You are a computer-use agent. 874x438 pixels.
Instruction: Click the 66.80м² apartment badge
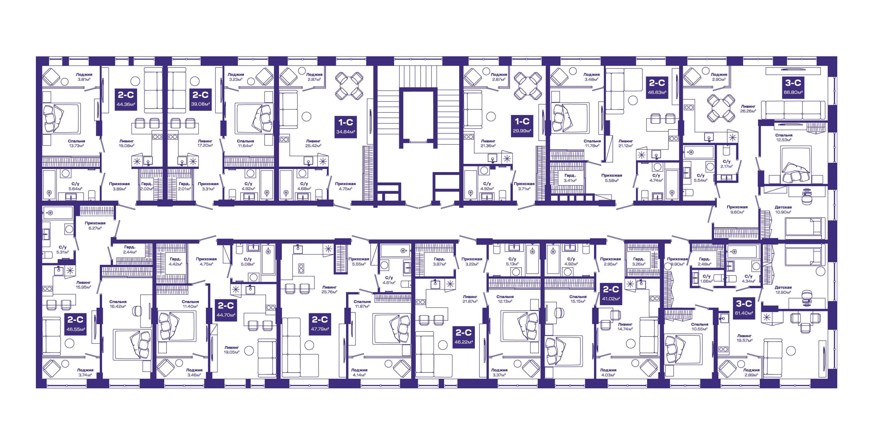coord(793,87)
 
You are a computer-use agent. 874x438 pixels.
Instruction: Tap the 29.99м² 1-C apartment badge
coord(522,125)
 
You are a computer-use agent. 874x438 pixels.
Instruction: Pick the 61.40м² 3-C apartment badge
coord(744,308)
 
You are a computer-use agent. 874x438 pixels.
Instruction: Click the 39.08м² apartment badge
coord(200,99)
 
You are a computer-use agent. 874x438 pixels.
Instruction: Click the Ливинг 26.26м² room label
coord(748,109)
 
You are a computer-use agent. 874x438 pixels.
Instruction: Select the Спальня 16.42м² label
coord(118,304)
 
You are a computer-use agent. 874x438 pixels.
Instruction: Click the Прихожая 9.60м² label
coord(737,210)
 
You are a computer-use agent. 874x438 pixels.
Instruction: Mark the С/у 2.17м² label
coord(726,164)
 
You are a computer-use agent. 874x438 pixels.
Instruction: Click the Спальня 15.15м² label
coord(578,299)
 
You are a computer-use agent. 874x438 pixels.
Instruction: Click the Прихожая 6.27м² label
coord(95,225)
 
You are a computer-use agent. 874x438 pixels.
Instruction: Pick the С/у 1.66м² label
coord(706,279)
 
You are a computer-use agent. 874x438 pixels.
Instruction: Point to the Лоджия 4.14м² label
coord(359,372)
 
